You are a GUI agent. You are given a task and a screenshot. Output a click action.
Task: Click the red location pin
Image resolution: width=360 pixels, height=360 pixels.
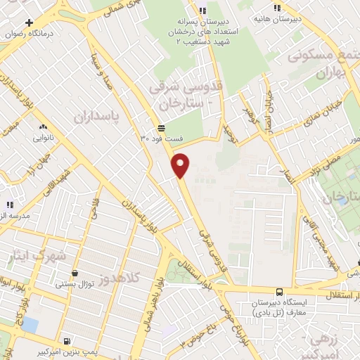[x=181, y=165]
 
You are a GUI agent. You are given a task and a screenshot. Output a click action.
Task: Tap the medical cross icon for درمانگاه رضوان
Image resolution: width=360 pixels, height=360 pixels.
[x=28, y=23]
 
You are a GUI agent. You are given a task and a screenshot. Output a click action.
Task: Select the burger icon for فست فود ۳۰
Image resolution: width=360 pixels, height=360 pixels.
[x=162, y=128]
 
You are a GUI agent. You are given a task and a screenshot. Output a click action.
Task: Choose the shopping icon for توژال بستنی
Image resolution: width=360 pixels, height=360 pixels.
[x=75, y=273]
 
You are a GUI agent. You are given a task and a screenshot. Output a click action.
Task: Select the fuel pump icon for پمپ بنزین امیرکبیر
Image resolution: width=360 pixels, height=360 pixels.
[x=67, y=341]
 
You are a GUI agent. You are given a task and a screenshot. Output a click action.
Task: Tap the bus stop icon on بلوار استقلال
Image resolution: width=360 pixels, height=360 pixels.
[x=279, y=292]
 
